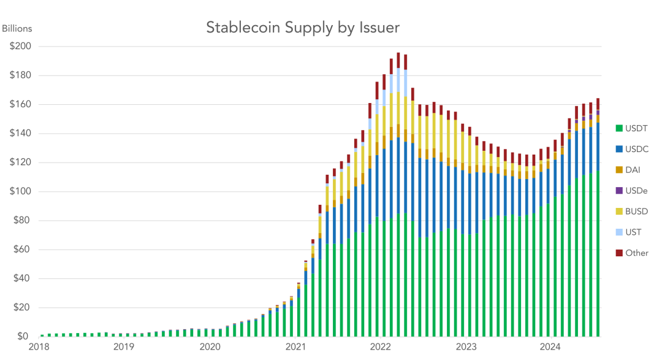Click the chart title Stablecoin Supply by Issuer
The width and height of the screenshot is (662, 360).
[302, 28]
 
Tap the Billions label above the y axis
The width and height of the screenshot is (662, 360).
[17, 29]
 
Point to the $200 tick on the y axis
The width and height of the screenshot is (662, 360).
[21, 47]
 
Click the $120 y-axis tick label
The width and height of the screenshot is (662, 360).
[21, 163]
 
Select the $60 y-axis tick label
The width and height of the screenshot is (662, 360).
[23, 250]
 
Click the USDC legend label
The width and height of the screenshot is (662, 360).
[637, 149]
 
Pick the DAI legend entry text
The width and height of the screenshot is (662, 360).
[633, 170]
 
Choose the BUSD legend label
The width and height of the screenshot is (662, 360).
[637, 212]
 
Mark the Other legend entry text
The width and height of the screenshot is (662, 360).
[637, 253]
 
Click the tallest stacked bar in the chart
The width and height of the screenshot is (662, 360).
[398, 196]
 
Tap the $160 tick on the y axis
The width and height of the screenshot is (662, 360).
[21, 105]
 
